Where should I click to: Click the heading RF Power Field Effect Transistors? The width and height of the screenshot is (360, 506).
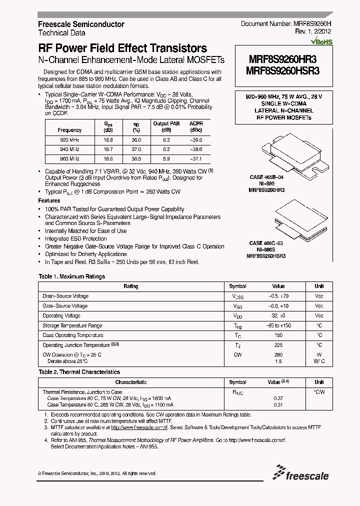click(122, 48)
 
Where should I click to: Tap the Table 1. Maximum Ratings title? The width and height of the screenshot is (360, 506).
click(71, 276)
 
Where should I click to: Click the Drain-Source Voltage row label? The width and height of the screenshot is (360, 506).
click(65, 296)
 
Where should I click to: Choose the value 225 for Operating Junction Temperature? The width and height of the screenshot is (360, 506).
click(278, 345)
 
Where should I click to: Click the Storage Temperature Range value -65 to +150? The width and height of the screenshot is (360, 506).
click(278, 325)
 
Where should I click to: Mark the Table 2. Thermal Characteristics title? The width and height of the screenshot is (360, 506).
click(79, 372)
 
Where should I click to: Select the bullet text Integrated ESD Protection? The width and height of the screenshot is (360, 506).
click(75, 239)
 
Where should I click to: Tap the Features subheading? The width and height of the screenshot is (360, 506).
click(49, 200)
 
